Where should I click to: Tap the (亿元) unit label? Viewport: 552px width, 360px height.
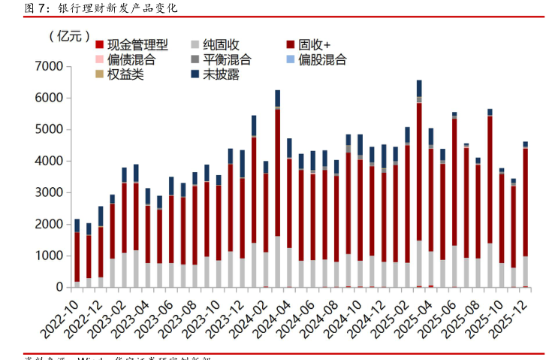tap(68, 36)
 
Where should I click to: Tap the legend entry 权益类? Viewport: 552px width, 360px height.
tap(120, 74)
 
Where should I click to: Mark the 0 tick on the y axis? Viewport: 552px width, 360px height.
tap(57, 288)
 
